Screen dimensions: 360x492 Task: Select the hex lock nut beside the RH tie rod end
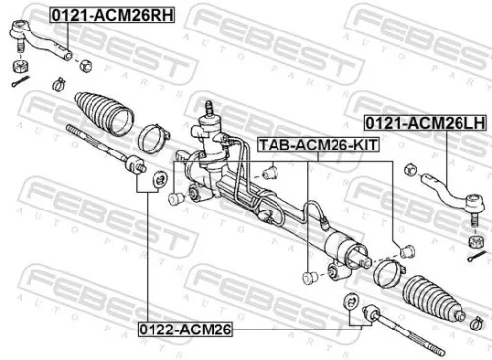pyautogui.click(x=86, y=66)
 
